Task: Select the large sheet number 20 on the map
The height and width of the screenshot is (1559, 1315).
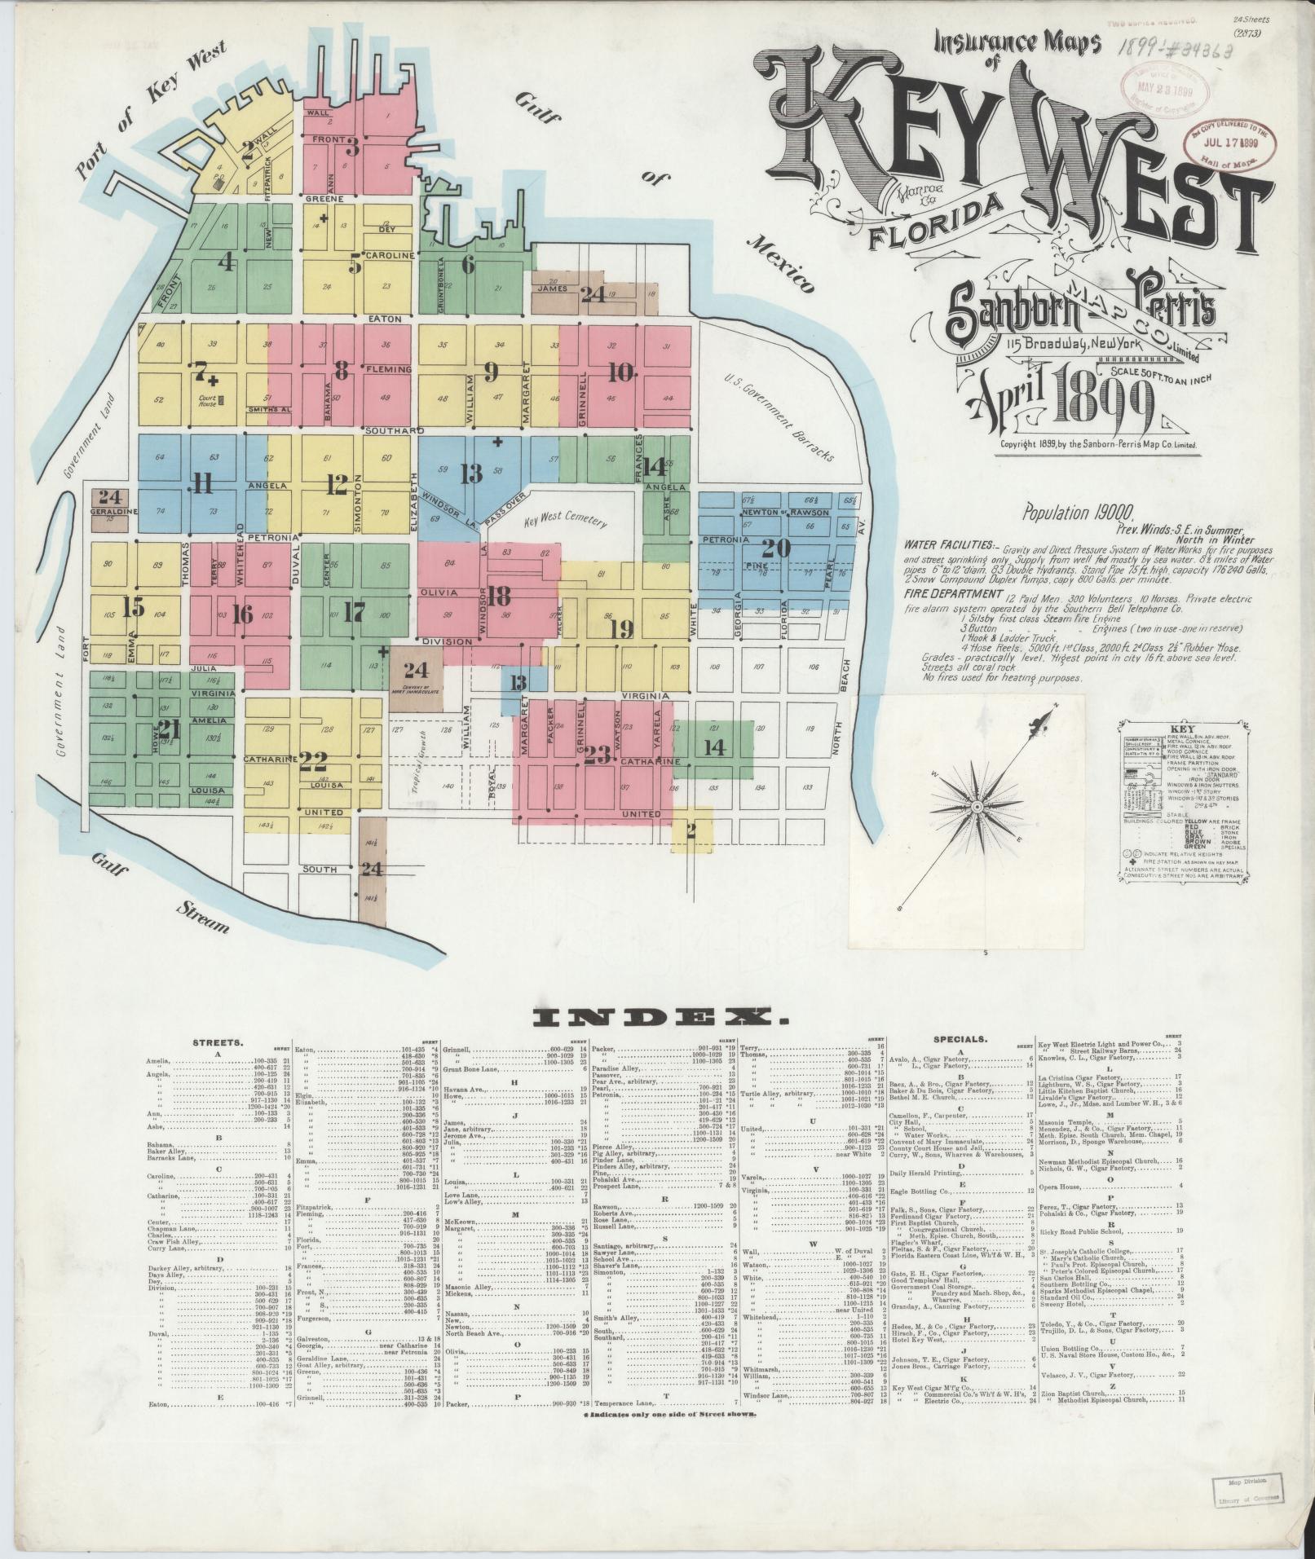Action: [776, 548]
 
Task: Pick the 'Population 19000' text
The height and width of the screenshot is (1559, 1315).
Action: [1076, 513]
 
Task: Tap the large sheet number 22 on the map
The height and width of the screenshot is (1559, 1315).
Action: [313, 761]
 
